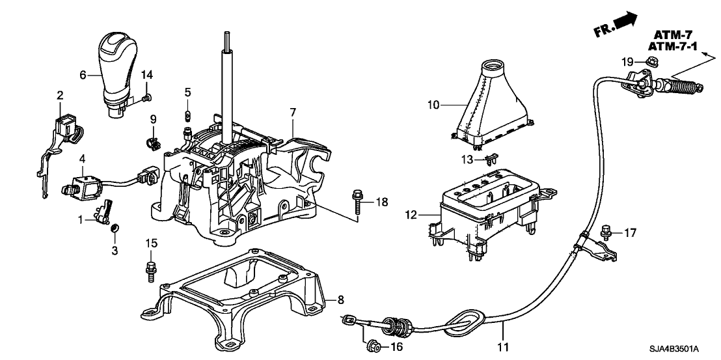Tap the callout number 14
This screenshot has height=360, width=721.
pos(146,76)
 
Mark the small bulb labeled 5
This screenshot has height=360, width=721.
pos(187,117)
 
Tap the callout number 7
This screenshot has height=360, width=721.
pos(293,113)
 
